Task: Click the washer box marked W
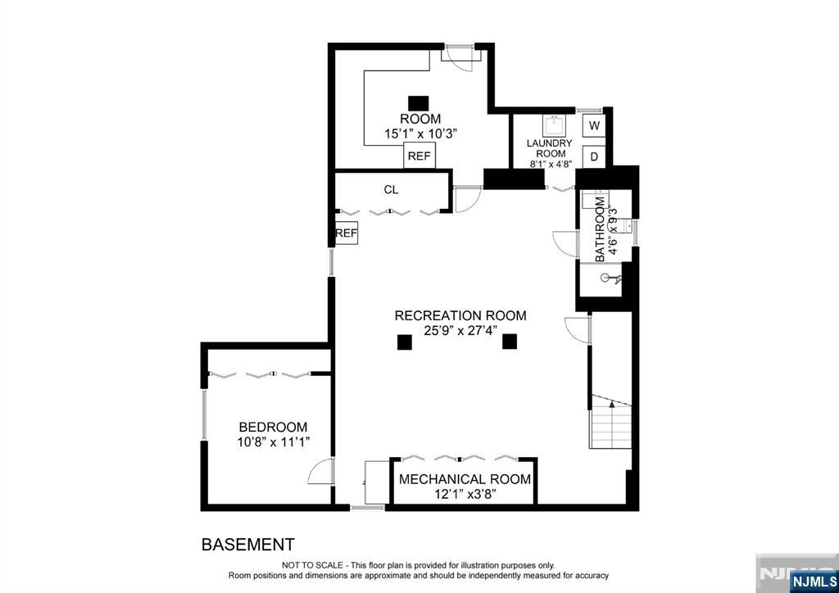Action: click(x=594, y=125)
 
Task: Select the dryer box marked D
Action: click(x=594, y=156)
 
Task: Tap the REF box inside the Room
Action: click(x=419, y=156)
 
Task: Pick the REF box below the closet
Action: click(x=347, y=233)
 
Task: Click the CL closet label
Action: click(x=391, y=190)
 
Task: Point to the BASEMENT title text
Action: click(x=247, y=545)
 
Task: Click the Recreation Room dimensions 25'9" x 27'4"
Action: click(x=460, y=330)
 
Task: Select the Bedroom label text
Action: click(x=273, y=428)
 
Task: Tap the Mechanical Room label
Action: click(x=465, y=479)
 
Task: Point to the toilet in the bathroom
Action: click(x=611, y=278)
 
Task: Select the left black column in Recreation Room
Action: click(x=405, y=342)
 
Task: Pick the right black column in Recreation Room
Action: click(x=510, y=342)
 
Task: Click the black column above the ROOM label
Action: click(x=419, y=103)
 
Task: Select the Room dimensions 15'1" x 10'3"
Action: click(x=420, y=134)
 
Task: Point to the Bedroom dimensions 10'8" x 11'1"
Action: click(x=274, y=442)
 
